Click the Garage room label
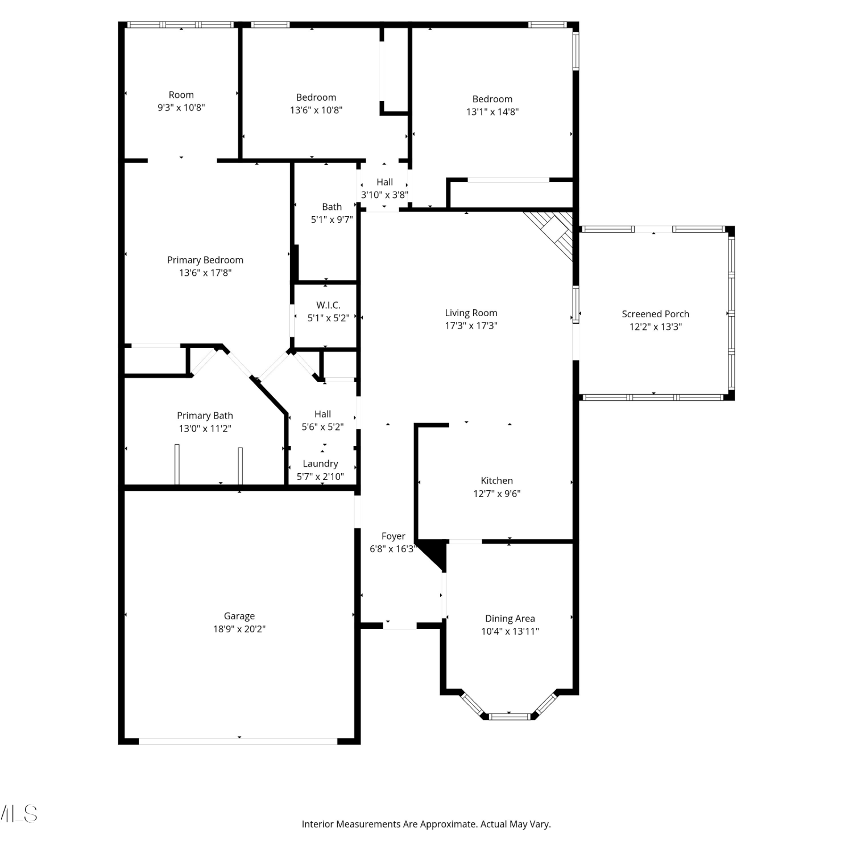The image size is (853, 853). (239, 616)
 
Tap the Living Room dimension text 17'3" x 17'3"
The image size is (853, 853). (471, 326)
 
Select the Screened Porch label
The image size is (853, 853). (655, 314)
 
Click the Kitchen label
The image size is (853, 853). (496, 481)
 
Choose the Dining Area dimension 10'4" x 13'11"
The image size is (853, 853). (510, 631)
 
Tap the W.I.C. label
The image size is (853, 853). (328, 305)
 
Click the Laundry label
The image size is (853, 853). (320, 464)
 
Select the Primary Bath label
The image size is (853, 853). (205, 416)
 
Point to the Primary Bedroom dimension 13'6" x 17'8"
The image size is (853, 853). (205, 273)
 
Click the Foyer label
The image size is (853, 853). (393, 536)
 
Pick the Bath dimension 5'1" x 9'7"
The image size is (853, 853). (332, 220)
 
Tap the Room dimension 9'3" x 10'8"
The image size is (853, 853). (181, 107)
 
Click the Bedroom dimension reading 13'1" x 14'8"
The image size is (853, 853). (492, 112)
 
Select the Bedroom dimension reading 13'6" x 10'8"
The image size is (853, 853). (316, 110)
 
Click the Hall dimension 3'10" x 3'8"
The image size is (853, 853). (384, 195)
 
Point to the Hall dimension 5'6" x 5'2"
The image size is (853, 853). (322, 427)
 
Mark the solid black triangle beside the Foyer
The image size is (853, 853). (432, 554)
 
